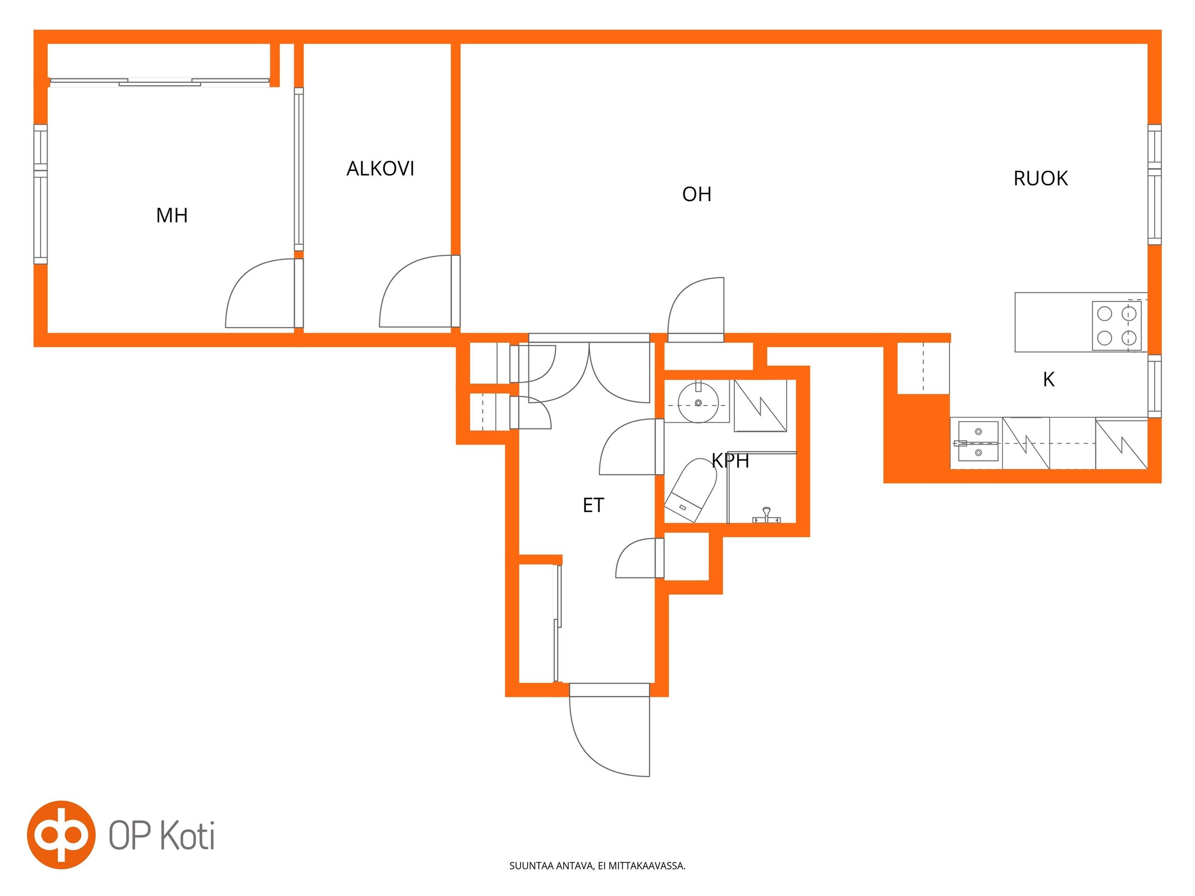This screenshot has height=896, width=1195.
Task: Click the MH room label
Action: coord(172,216)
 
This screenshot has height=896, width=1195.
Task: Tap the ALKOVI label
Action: coord(380,169)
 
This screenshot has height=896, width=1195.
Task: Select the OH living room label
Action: coord(697,194)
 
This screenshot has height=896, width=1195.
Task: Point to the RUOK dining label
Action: coord(1041,179)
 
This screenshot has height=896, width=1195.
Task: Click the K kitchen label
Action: coord(1049,380)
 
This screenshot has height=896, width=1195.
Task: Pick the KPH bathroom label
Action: coord(731,461)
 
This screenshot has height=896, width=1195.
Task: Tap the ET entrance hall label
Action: coord(593,506)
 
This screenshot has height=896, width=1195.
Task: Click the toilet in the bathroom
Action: coord(691,490)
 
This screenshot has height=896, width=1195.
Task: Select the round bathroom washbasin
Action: coord(698,403)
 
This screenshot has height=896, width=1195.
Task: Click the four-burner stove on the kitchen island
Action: coord(1117,326)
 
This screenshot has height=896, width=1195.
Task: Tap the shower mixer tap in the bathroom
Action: coord(766,515)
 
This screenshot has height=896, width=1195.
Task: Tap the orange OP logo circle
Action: coord(61,835)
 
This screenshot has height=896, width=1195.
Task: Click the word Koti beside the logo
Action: coord(188,836)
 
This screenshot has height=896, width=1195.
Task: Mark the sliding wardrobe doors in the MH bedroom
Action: coord(160,83)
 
